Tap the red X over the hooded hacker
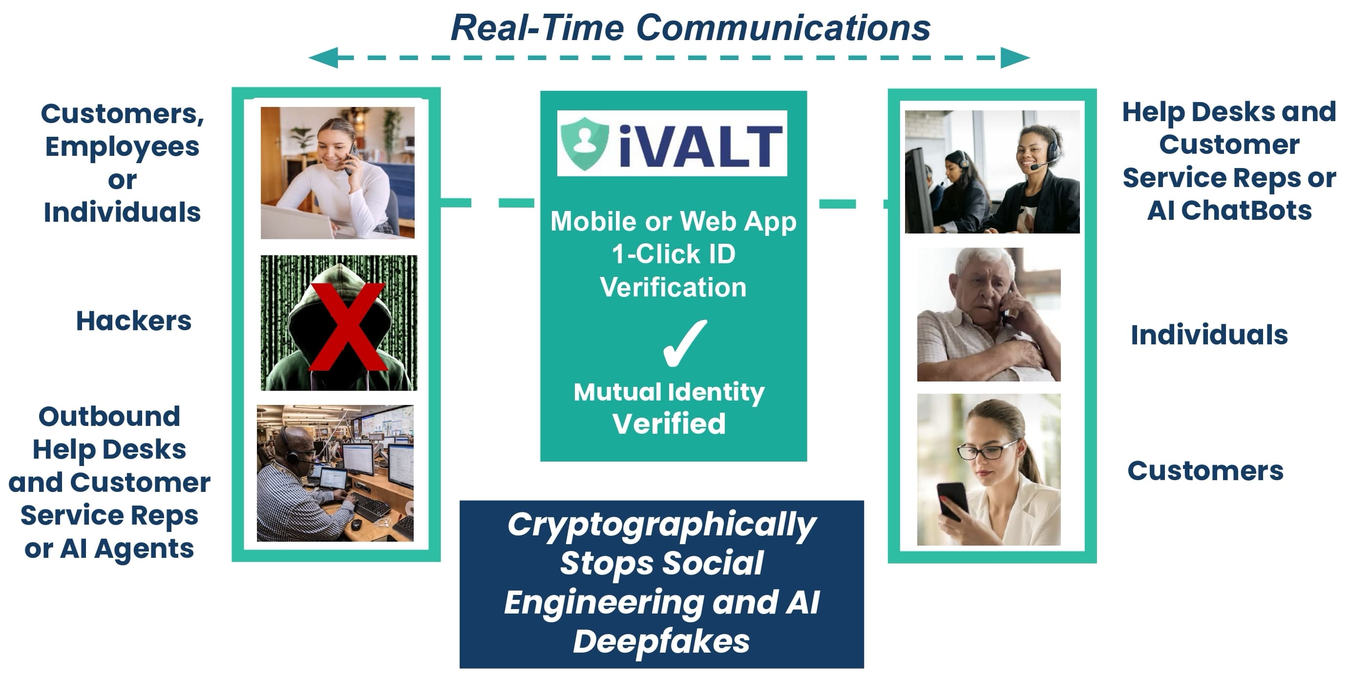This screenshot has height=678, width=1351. [348, 327]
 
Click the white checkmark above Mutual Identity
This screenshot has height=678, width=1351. [684, 343]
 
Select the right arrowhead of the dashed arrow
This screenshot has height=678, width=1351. [1015, 58]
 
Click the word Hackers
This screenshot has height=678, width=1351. [134, 321]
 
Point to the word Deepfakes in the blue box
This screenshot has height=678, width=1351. [661, 641]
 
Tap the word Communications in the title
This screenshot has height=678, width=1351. [783, 28]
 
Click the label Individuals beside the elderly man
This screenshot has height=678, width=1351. [1209, 335]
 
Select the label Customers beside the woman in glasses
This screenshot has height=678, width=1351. [1205, 470]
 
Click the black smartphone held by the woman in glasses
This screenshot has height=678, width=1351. [953, 501]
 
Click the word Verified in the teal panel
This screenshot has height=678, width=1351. [669, 423]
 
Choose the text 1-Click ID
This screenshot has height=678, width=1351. [674, 254]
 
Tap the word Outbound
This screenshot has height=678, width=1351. [109, 416]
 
